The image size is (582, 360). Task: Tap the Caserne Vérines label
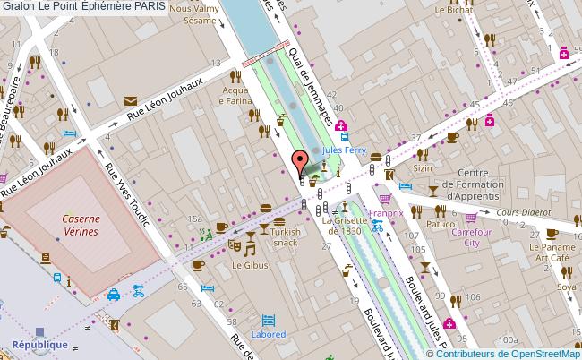[x=80, y=224]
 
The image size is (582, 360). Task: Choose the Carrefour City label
[x=474, y=236]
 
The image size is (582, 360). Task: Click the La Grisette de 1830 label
[x=345, y=225]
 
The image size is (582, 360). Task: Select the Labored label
[x=268, y=334]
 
